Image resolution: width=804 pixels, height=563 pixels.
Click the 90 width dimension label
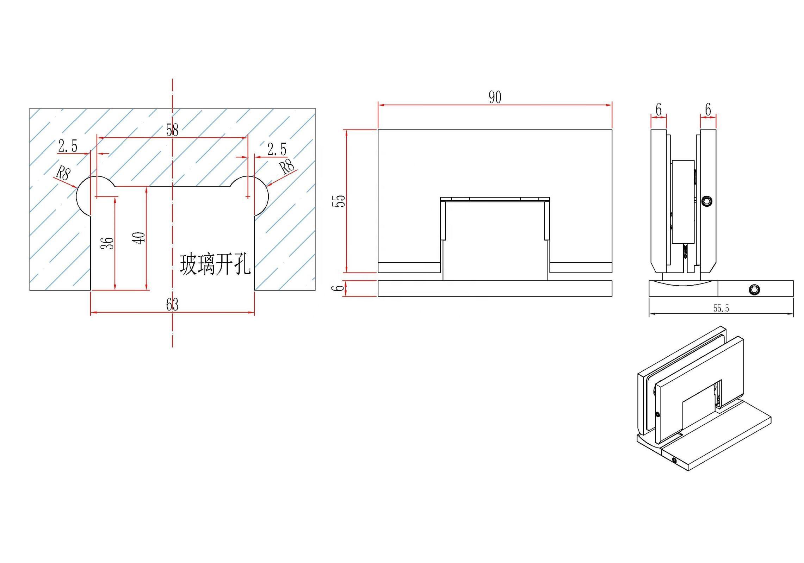click(495, 97)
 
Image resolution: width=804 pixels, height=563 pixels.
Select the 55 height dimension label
click(340, 201)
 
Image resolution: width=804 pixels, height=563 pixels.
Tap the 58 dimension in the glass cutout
click(172, 130)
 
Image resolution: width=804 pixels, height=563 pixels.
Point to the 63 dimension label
click(172, 305)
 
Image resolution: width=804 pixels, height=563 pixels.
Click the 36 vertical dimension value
click(108, 243)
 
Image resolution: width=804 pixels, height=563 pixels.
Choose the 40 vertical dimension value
click(140, 238)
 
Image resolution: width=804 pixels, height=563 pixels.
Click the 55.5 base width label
click(721, 309)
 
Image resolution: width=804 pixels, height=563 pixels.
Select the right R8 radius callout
click(287, 167)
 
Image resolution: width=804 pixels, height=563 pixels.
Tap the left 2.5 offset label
click(68, 146)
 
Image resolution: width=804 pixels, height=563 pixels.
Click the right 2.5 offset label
click(277, 150)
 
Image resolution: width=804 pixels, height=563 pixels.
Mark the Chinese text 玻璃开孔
click(215, 264)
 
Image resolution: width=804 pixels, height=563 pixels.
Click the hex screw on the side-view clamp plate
click(707, 201)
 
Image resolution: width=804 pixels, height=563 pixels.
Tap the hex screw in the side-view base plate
click(754, 289)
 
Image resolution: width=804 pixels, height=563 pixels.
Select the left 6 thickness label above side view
click(658, 110)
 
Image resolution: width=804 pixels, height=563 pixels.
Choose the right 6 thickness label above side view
click(708, 110)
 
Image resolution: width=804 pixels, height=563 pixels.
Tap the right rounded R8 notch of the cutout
click(261, 195)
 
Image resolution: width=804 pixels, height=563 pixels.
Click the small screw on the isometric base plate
click(674, 460)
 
